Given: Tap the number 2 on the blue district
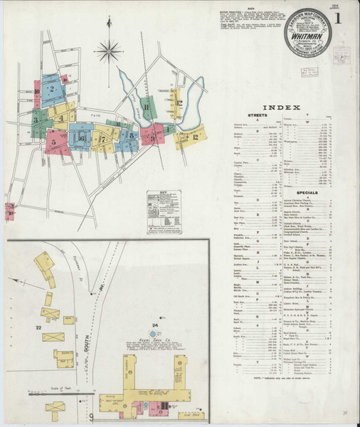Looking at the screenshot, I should pos(52,89).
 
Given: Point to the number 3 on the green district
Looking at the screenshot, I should pos(33,121).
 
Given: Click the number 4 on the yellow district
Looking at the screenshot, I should pos(62,118).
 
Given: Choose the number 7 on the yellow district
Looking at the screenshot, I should pos(102,139).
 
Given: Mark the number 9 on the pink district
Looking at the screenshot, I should pos(152,138).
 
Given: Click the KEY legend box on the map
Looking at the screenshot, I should pos(161,209).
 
